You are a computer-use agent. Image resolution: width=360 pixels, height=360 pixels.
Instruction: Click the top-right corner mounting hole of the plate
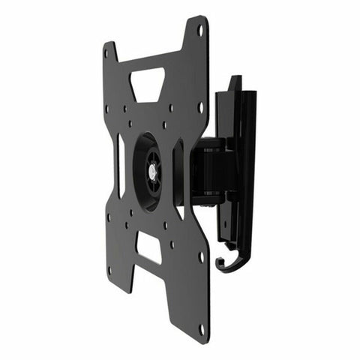[200, 30]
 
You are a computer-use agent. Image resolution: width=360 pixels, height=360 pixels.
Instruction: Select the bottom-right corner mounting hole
[200, 328]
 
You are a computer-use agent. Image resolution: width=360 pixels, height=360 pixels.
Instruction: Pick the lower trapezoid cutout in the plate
[149, 247]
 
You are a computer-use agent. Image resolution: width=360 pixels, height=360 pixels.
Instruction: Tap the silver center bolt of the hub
[152, 172]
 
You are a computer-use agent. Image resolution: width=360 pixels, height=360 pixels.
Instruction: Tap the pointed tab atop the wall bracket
[235, 81]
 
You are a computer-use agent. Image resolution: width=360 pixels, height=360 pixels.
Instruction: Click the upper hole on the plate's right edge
[200, 106]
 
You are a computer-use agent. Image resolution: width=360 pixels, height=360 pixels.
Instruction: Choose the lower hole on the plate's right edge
[200, 255]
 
